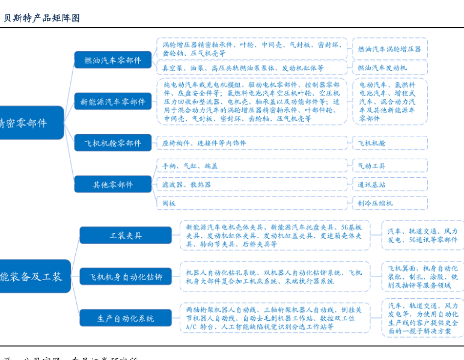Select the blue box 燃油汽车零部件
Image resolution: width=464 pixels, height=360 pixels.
tap(113, 60)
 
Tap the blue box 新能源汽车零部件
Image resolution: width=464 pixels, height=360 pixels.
tap(113, 102)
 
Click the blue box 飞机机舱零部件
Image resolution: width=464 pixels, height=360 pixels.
tap(113, 143)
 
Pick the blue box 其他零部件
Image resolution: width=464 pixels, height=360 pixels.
tap(113, 185)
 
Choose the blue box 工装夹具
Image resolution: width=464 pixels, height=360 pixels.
tap(126, 236)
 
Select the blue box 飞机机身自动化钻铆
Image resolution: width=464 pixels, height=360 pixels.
tap(126, 276)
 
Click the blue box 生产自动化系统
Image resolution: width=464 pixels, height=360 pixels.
tap(126, 318)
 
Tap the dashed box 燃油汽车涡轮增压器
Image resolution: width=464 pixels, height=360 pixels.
tap(389, 49)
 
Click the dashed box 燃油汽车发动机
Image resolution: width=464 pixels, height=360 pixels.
tap(389, 68)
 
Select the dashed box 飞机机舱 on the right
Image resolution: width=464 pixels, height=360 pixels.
tap(389, 143)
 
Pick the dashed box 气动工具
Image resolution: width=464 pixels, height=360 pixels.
tap(389, 166)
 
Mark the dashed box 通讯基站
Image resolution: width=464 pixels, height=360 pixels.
tap(389, 185)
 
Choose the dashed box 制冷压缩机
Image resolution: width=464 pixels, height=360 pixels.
tap(389, 203)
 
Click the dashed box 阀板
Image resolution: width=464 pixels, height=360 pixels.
tap(252, 203)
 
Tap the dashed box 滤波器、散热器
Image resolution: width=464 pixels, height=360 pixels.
tap(252, 185)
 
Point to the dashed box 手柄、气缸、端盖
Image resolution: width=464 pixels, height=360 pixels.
tap(252, 166)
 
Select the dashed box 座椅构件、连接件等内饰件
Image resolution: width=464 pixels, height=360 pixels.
tap(252, 143)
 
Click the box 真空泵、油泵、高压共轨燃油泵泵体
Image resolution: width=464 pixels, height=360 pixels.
tap(252, 68)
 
